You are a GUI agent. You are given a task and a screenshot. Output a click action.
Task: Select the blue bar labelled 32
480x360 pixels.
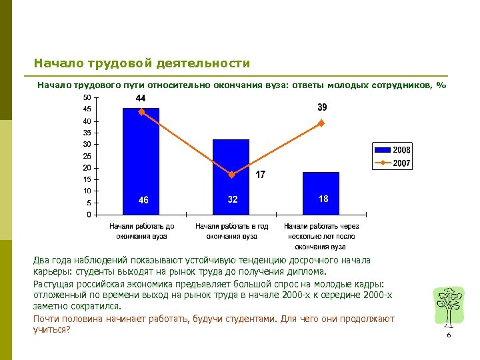click(231, 177)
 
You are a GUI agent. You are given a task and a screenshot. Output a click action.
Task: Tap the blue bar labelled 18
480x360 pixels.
click(321, 193)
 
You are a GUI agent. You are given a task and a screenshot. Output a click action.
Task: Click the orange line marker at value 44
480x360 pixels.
click(141, 112)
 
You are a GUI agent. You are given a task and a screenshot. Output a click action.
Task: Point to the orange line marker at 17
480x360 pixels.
click(231, 175)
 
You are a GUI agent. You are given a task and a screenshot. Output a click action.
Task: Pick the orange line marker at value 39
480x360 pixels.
click(321, 123)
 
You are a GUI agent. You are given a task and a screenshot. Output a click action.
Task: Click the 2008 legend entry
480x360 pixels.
click(393, 150)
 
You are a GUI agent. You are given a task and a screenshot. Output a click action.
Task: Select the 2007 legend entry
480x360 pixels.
click(393, 163)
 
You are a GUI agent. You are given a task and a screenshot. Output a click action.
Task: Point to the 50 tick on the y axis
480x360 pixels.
click(87, 98)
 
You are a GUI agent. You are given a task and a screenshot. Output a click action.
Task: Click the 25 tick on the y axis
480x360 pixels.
click(87, 156)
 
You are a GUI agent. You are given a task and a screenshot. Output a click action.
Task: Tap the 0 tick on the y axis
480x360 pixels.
click(89, 215)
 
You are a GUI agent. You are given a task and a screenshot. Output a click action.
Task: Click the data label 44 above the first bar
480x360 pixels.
click(141, 98)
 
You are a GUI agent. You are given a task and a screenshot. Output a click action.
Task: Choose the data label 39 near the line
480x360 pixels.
click(322, 107)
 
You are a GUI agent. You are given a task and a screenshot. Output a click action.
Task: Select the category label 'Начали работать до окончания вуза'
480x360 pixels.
click(141, 231)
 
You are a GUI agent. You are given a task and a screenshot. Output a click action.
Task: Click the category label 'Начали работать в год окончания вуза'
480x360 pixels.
click(231, 231)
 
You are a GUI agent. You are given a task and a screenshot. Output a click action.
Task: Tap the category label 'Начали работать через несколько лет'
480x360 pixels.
click(321, 236)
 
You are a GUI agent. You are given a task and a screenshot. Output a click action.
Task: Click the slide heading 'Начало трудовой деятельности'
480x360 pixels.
click(142, 64)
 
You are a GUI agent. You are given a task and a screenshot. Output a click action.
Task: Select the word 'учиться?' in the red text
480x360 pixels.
click(51, 329)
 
